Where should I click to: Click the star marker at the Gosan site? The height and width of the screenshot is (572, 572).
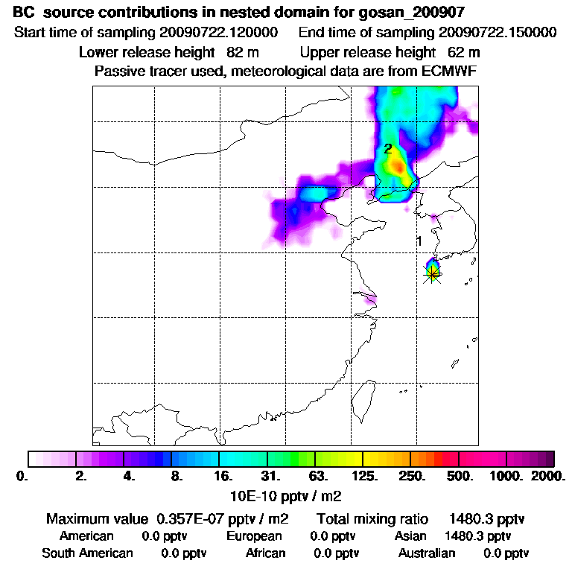(433, 273)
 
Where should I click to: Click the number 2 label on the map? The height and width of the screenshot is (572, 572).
(388, 149)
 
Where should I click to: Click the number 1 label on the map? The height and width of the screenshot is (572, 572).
(419, 241)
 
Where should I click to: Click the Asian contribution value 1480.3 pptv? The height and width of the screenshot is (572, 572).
(477, 536)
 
